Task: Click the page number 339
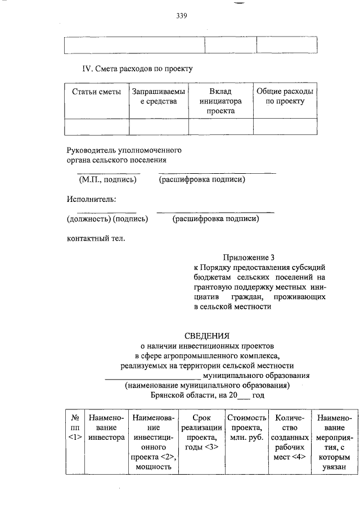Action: pyautogui.click(x=181, y=16)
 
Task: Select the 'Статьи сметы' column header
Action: pyautogui.click(x=97, y=92)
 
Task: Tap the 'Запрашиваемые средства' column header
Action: pyautogui.click(x=158, y=96)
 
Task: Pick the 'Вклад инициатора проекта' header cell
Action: pyautogui.click(x=220, y=101)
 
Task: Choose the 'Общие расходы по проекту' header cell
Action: pyautogui.click(x=285, y=96)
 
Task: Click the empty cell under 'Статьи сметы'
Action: pyautogui.click(x=97, y=127)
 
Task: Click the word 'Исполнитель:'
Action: pyautogui.click(x=92, y=199)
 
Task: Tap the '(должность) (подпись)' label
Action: pyautogui.click(x=107, y=219)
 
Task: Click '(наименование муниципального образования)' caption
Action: pyautogui.click(x=207, y=386)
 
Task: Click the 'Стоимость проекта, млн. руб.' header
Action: pyautogui.click(x=246, y=427)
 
